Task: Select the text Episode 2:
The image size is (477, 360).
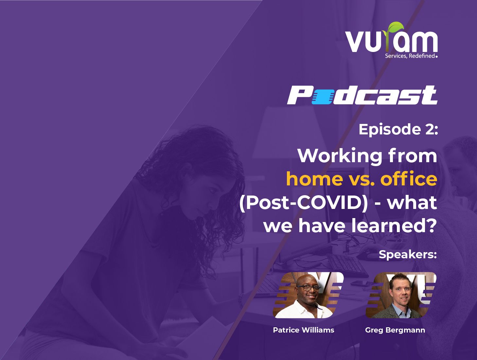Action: click(398, 129)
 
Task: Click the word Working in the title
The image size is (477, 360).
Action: click(340, 156)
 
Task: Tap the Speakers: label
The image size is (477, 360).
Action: click(408, 254)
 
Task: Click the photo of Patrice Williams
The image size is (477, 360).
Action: click(308, 295)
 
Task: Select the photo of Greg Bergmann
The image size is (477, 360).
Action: click(401, 295)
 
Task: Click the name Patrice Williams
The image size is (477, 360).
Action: click(303, 330)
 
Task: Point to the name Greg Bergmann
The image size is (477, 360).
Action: click(395, 330)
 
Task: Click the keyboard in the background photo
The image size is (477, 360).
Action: click(347, 265)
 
